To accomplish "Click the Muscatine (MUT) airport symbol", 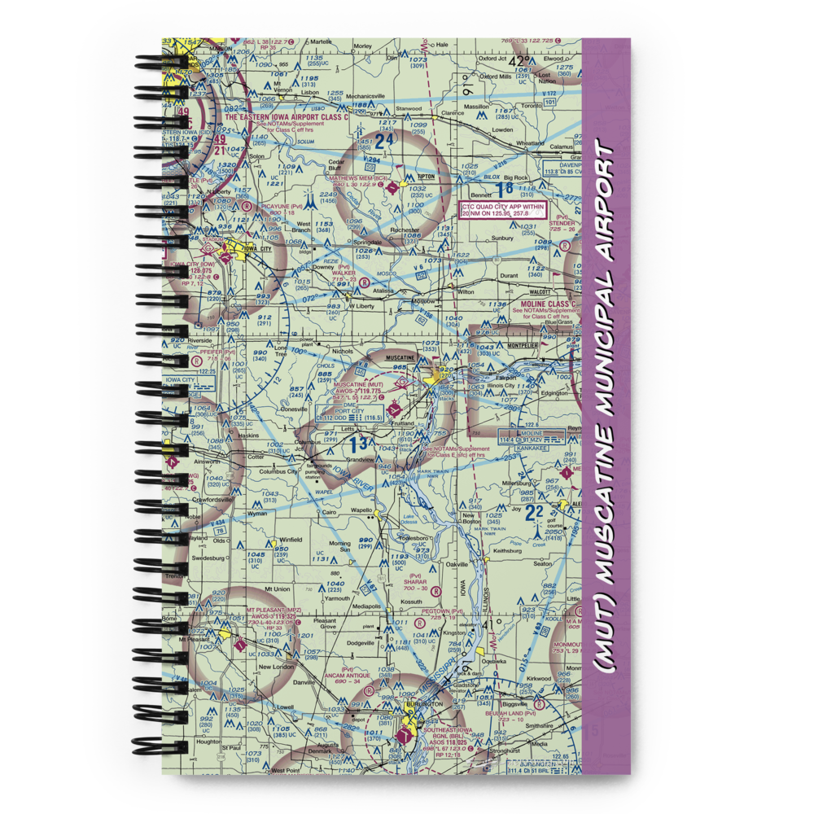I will [x=393, y=406].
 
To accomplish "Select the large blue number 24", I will [x=384, y=141].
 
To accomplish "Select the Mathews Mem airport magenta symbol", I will [x=394, y=186].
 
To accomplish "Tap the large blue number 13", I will [x=360, y=444].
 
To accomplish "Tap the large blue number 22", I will [x=533, y=512].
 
